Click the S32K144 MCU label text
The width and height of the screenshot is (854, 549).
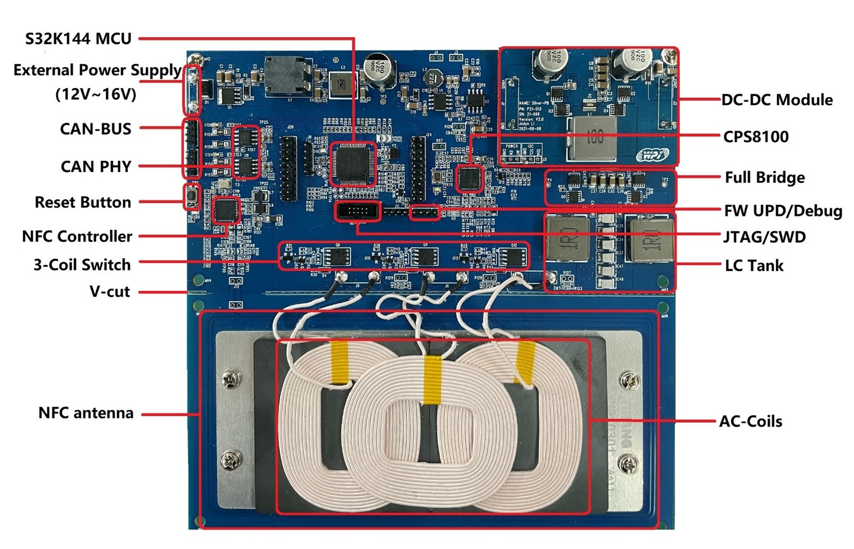78,38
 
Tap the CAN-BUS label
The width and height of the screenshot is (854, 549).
96,129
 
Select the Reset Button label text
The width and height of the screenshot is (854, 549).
83,202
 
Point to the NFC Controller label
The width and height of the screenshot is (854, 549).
77,236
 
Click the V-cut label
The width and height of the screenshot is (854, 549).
109,291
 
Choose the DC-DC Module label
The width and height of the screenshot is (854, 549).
777,100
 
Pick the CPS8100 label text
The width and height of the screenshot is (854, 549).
756,137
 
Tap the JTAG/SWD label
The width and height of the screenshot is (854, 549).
764,237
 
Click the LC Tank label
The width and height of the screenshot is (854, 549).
754,265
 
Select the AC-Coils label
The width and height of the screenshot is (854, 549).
750,421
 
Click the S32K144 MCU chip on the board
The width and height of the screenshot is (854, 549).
352,164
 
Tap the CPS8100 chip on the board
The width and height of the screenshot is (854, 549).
469,179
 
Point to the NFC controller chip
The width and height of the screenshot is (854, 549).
226,210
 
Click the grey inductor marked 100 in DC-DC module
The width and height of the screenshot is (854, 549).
592,138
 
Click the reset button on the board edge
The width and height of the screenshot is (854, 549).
191,197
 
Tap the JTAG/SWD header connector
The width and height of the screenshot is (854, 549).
358,212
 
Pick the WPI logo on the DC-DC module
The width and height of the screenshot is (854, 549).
653,155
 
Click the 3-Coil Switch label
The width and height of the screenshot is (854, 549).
82,265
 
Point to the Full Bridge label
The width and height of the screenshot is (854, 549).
764,177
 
